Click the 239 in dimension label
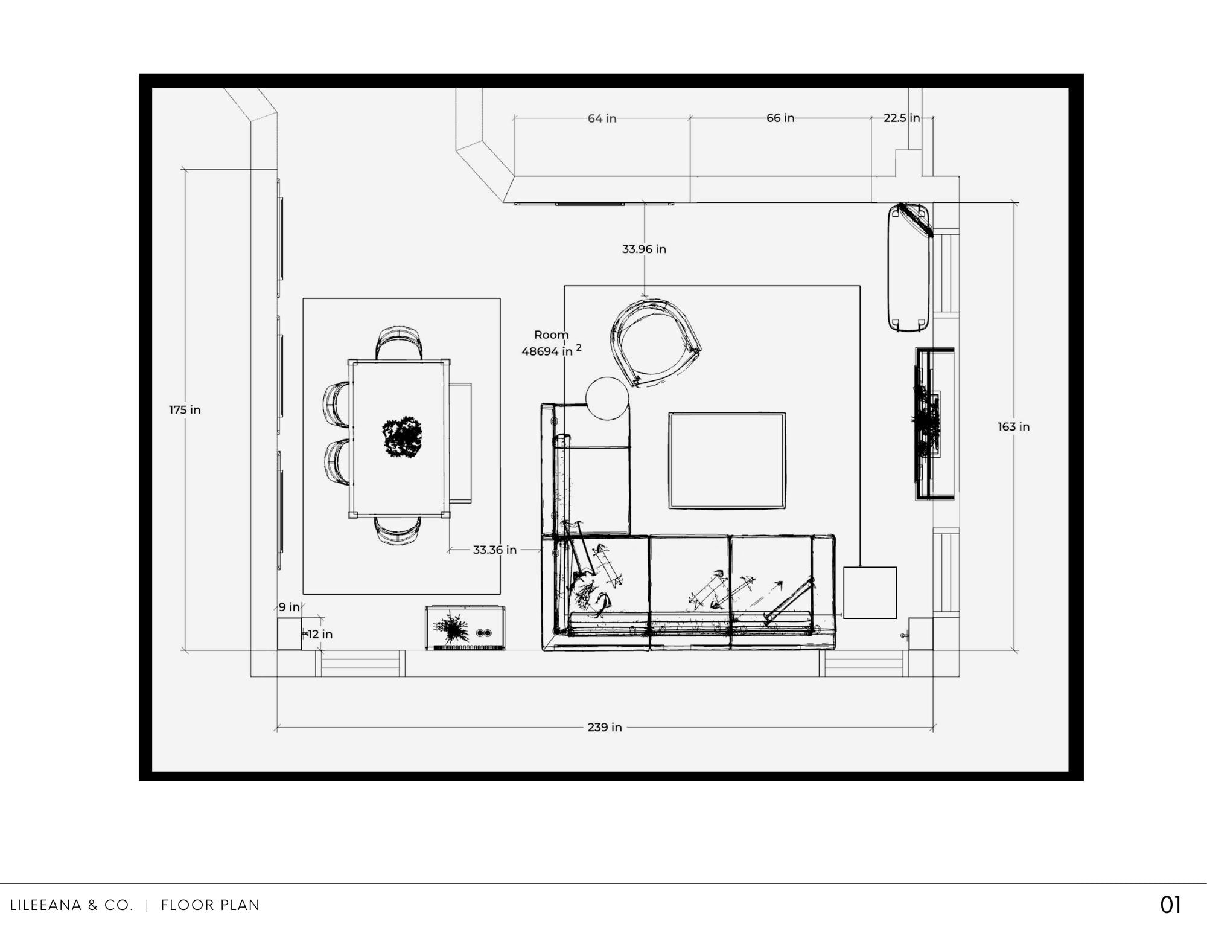coord(605,727)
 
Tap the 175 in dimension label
coord(185,409)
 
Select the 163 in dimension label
coord(1013,426)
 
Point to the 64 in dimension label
coord(602,118)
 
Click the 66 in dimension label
coord(780,118)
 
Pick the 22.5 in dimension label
coord(902,118)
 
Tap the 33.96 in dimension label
coord(644,249)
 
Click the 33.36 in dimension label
coord(494,550)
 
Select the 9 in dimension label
coord(289,607)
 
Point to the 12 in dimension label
coord(320,634)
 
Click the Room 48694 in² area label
coord(551,343)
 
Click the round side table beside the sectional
coord(607,399)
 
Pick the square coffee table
coord(727,461)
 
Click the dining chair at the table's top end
coord(399,343)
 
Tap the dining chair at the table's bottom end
coord(398,530)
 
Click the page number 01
coord(1170,905)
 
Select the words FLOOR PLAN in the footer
coord(210,905)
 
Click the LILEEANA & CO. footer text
coord(71,905)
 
